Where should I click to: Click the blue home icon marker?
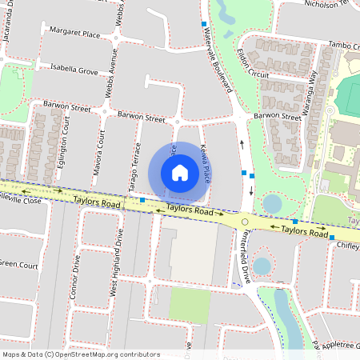pos(180,172)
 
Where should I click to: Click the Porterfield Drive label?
pos(246,251)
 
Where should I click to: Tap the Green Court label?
pos(18,263)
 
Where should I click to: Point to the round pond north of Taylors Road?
pos(272,203)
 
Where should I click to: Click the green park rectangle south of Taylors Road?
pos(190,303)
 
